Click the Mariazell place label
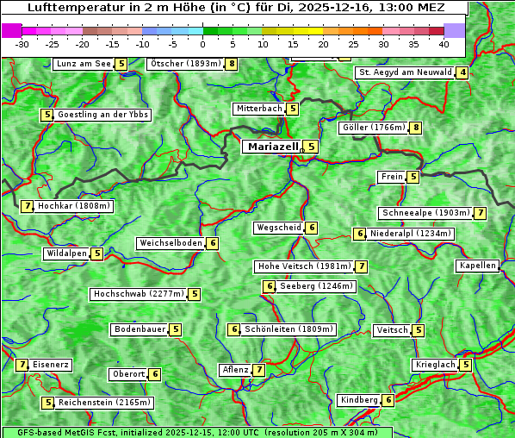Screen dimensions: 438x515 click(x=272, y=147)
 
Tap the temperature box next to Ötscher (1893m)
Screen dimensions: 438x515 click(x=232, y=64)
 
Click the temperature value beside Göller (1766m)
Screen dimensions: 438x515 click(x=416, y=128)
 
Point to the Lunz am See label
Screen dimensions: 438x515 click(x=84, y=64)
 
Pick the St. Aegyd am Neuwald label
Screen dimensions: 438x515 click(x=405, y=72)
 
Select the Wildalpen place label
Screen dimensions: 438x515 click(x=67, y=253)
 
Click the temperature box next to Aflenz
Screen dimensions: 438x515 click(x=258, y=370)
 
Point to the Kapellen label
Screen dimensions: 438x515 click(x=477, y=266)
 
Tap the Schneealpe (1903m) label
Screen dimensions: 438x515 click(x=425, y=213)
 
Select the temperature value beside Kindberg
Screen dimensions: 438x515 click(x=388, y=400)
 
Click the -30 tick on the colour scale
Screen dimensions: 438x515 click(x=22, y=43)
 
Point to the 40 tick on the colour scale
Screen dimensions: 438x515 click(x=444, y=43)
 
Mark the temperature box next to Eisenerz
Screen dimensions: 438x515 click(x=22, y=365)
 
